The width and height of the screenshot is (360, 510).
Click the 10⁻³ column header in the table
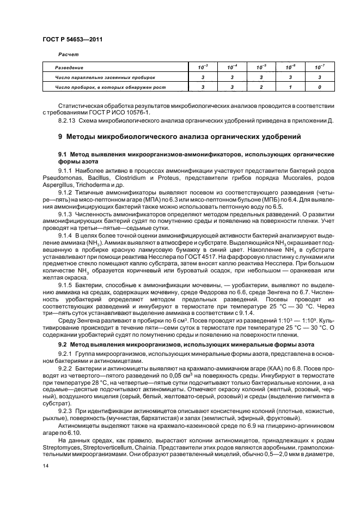click(203, 67)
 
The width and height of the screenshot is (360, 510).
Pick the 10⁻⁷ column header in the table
click(320, 67)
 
